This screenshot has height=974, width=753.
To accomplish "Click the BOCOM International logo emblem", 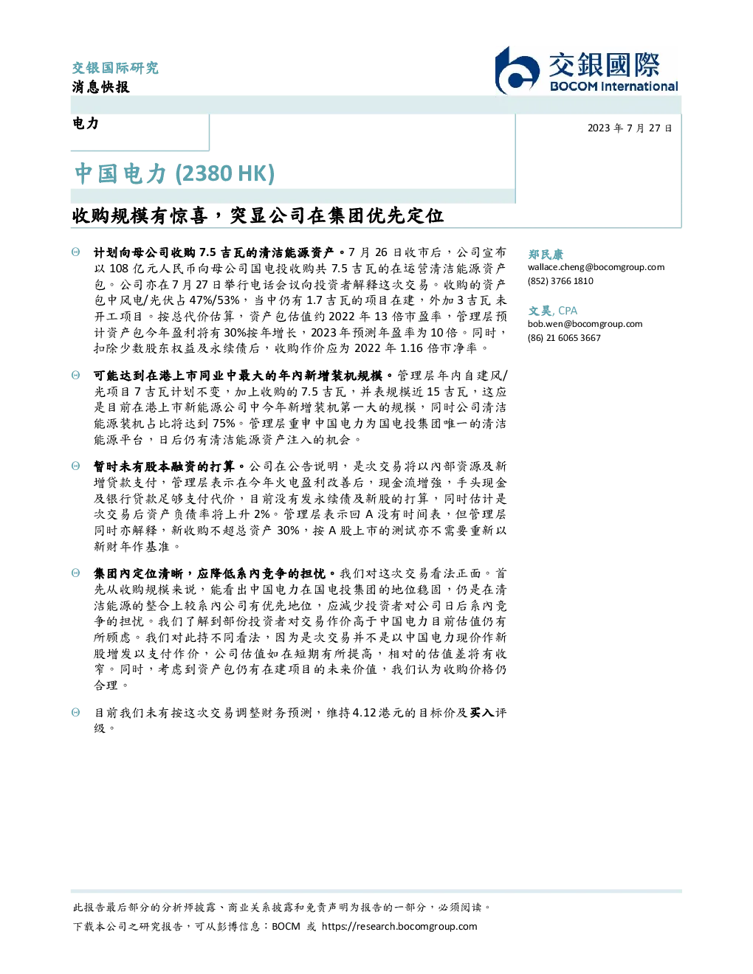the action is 517,70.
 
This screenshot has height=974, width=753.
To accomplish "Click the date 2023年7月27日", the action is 630,128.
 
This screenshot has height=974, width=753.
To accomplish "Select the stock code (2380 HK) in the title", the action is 224,173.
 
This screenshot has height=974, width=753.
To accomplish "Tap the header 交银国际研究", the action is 115,68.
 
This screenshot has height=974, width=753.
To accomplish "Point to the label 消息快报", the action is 101,86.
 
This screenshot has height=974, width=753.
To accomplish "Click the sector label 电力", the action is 86,123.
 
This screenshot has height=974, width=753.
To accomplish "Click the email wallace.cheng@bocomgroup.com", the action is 596,267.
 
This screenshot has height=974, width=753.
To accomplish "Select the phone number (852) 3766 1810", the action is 560,281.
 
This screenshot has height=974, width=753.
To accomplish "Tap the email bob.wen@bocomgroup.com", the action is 585,324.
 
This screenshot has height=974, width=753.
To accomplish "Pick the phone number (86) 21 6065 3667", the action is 564,338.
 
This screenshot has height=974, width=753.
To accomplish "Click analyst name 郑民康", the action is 546,254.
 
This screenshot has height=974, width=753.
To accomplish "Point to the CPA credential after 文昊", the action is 568,311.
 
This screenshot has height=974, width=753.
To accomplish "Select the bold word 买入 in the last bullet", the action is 481,713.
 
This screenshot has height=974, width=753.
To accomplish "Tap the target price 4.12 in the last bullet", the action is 364,713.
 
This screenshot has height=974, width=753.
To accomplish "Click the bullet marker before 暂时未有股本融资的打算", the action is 76,466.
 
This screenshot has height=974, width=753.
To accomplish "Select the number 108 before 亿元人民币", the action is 119,269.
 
